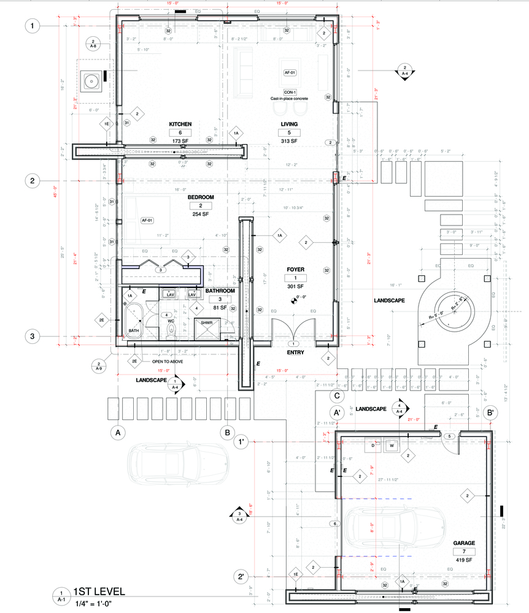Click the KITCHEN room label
tap(180, 124)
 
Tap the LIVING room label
tap(289, 124)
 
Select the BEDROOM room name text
tap(200, 197)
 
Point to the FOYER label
tap(296, 269)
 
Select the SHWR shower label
tap(206, 322)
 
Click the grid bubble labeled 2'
tap(242, 576)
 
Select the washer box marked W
tap(390, 446)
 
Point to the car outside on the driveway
tap(178, 460)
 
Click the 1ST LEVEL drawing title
tap(99, 592)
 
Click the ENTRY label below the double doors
tap(295, 353)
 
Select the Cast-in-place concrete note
tap(289, 99)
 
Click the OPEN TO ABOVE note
tap(167, 362)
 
